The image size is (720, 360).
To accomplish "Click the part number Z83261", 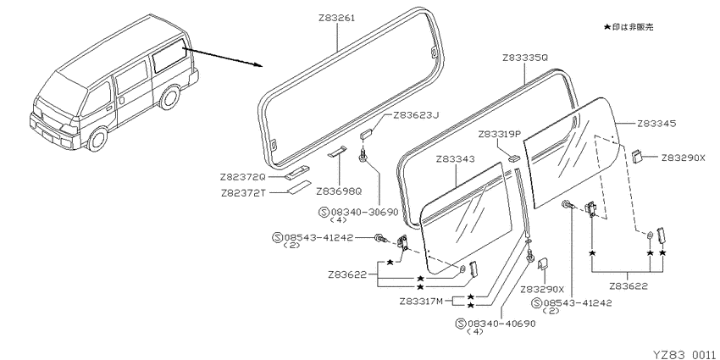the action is tap(336, 19).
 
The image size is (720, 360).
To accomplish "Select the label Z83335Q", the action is tap(525, 58).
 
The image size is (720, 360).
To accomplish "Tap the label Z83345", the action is tap(656, 124).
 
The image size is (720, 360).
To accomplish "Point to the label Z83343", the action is tap(455, 159).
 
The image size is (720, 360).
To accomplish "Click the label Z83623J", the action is tap(416, 115).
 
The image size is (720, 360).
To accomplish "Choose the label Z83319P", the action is tap(500, 135).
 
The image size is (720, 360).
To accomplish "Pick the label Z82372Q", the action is tap(243, 177).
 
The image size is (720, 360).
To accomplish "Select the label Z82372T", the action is tap(243, 193).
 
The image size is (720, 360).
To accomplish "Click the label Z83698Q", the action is tap(339, 191).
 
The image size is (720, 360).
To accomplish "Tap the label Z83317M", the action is tap(421, 302).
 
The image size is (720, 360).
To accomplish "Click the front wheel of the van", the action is tap(97, 139).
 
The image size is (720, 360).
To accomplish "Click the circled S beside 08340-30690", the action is tap(324, 212).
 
